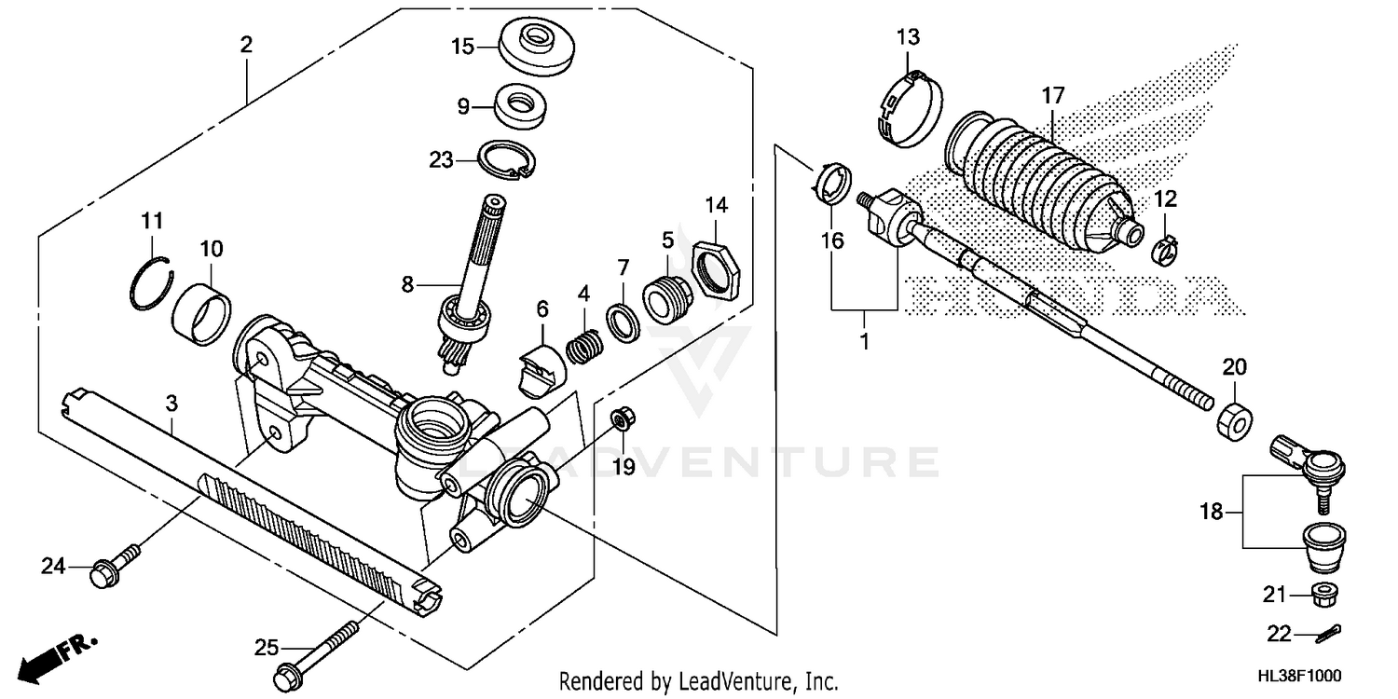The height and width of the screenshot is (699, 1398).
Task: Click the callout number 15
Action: [463, 45]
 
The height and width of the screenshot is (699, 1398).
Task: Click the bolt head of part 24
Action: [102, 576]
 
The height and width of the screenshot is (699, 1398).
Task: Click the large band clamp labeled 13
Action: [910, 109]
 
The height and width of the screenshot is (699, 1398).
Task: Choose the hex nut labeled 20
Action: [1232, 420]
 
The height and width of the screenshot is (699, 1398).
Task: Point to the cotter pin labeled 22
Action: [1327, 634]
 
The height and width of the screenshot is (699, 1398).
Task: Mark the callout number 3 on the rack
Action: [171, 403]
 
